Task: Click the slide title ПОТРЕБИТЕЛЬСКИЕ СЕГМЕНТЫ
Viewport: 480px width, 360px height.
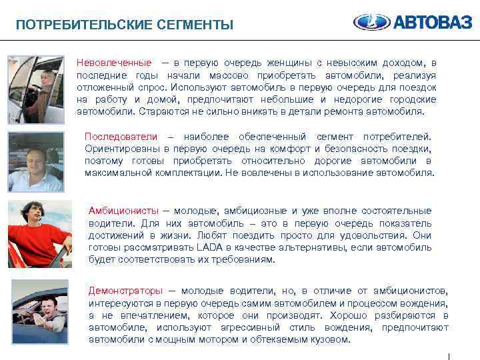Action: click(125, 25)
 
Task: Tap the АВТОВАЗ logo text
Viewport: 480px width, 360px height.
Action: click(432, 23)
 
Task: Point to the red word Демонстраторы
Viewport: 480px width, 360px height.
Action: click(125, 291)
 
